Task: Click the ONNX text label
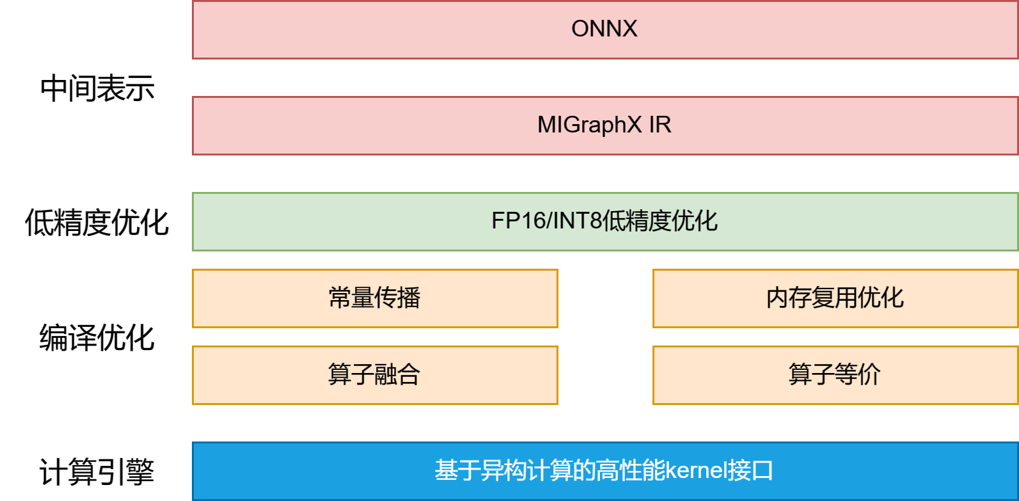pyautogui.click(x=604, y=29)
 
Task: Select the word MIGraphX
pyautogui.click(x=589, y=125)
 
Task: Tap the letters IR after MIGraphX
pyautogui.click(x=660, y=125)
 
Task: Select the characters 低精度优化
pyautogui.click(x=660, y=221)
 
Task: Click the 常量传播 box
pyautogui.click(x=375, y=298)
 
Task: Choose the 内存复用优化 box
pyautogui.click(x=835, y=298)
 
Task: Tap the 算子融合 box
pyautogui.click(x=375, y=375)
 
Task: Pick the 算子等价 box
pyautogui.click(x=835, y=375)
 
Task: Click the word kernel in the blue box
pyautogui.click(x=695, y=471)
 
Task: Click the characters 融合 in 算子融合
pyautogui.click(x=397, y=375)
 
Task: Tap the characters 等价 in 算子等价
pyautogui.click(x=858, y=375)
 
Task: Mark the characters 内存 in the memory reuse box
pyautogui.click(x=789, y=298)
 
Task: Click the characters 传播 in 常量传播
pyautogui.click(x=397, y=298)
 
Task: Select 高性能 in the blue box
pyautogui.click(x=630, y=471)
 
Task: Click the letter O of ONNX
pyautogui.click(x=580, y=29)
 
